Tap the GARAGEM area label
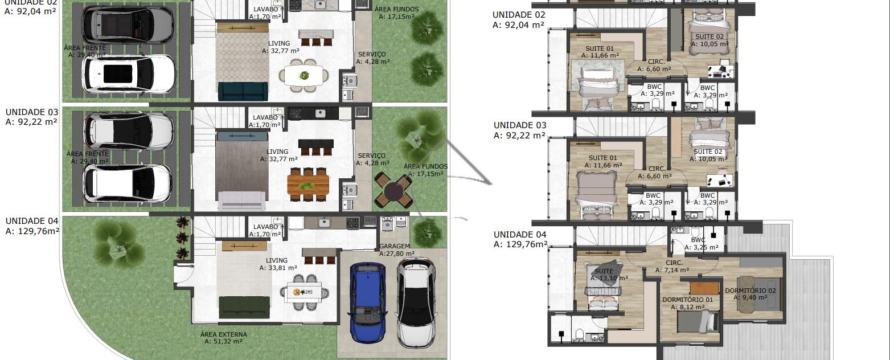394,246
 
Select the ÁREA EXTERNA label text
224,334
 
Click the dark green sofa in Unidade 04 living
244,307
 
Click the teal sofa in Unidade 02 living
243,92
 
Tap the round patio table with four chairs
393,190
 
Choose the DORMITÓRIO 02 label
750,291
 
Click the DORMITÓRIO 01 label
687,300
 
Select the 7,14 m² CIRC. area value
672,270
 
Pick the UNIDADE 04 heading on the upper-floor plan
520,235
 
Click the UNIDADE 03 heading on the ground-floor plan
32,112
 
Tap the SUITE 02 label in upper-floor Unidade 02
709,36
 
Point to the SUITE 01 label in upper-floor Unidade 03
603,158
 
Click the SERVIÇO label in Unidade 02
372,55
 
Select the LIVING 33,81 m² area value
278,268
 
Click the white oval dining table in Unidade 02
304,76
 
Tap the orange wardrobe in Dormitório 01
704,288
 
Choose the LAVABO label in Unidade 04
266,227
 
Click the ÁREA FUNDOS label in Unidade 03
425,166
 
